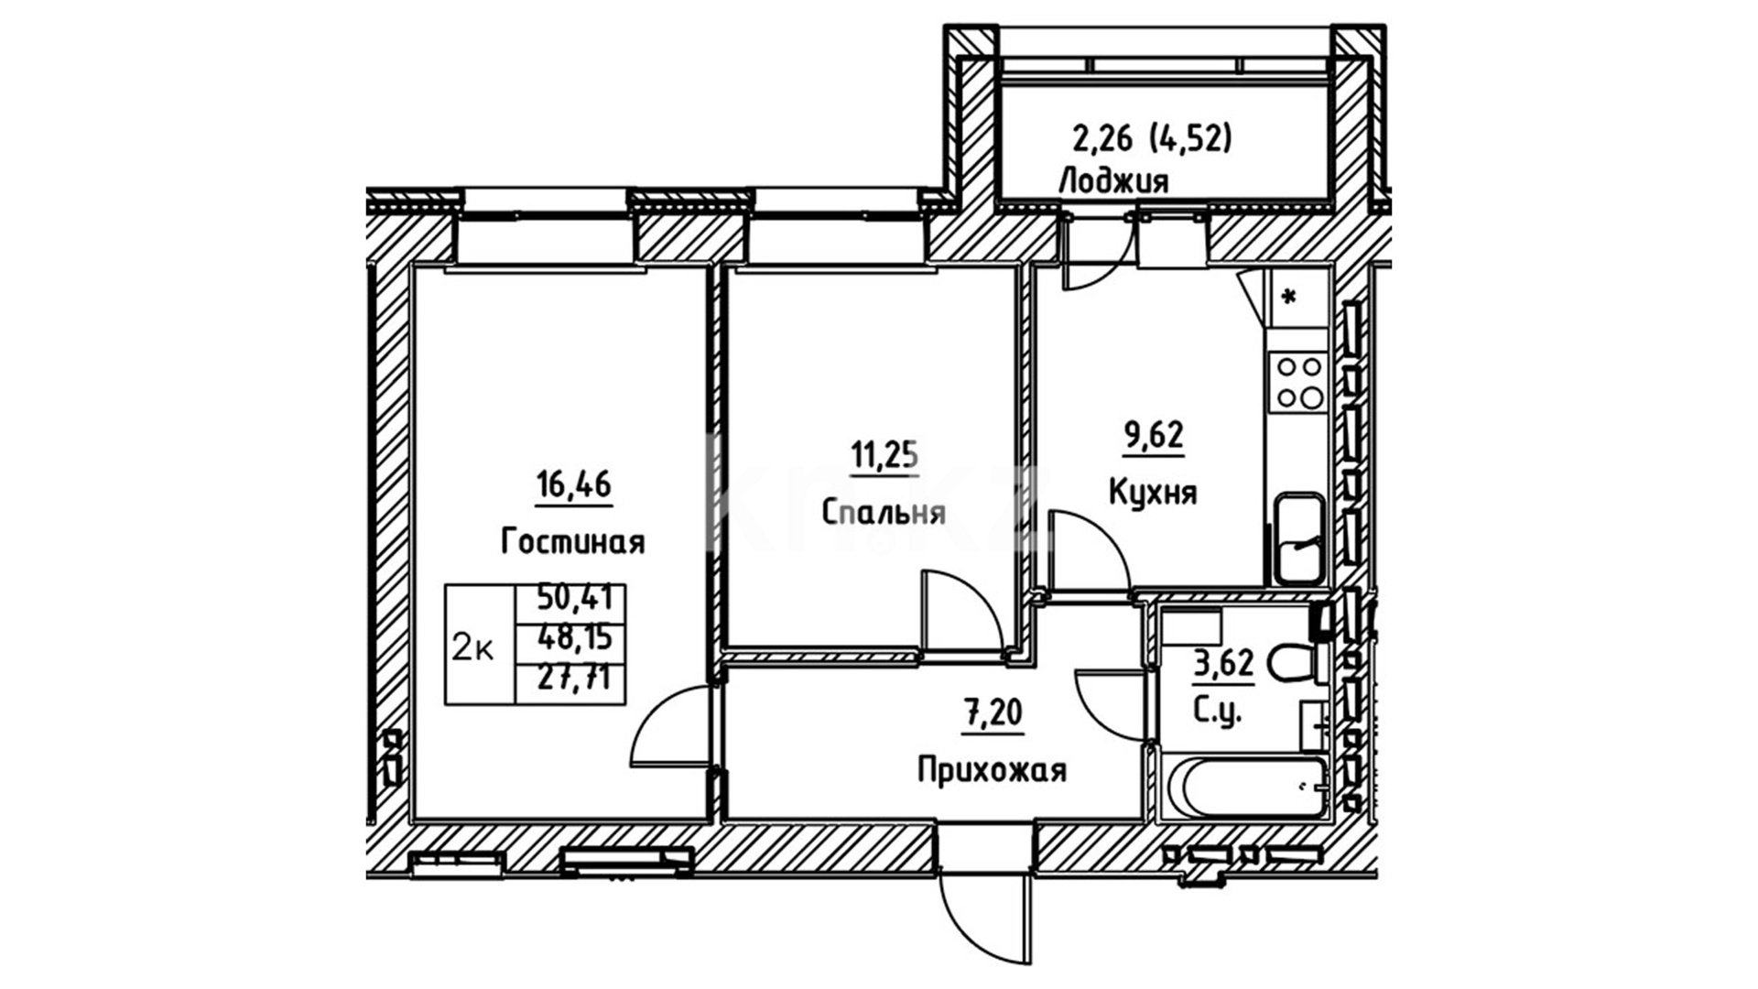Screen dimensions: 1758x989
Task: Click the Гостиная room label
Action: pyautogui.click(x=573, y=542)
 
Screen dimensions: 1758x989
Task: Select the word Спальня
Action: pyautogui.click(x=884, y=512)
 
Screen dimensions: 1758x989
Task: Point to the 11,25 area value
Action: pyautogui.click(x=884, y=453)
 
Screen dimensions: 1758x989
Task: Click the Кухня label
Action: pyautogui.click(x=1153, y=493)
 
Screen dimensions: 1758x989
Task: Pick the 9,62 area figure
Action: pyautogui.click(x=1154, y=435)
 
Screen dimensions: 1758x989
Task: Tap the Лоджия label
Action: pyautogui.click(x=1113, y=181)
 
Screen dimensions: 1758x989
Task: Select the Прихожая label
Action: pyautogui.click(x=992, y=770)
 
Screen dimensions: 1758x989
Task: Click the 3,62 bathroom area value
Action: pyautogui.click(x=1223, y=663)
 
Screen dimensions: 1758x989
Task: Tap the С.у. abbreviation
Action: pyautogui.click(x=1218, y=711)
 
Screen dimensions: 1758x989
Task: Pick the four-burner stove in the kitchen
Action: pyautogui.click(x=1299, y=382)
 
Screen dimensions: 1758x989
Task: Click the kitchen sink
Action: pyautogui.click(x=1299, y=538)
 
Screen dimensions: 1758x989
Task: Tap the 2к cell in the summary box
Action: pyautogui.click(x=473, y=649)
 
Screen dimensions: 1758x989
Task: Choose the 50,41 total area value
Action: pyautogui.click(x=575, y=600)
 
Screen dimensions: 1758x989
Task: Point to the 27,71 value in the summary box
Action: pyautogui.click(x=575, y=679)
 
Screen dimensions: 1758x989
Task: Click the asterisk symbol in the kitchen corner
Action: pyautogui.click(x=1291, y=297)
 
